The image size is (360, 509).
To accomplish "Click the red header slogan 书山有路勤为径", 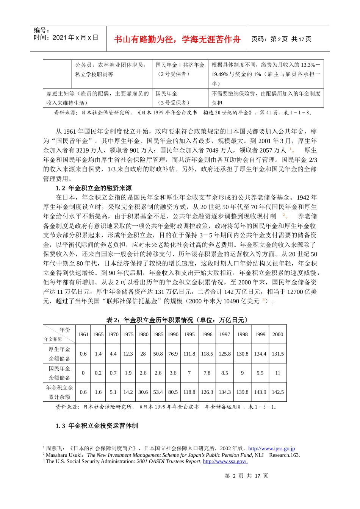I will click(177, 39).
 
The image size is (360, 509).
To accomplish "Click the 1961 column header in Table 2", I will click(83, 334).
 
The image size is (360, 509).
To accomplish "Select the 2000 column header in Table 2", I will click(277, 334).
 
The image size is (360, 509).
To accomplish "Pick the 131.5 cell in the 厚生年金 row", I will click(277, 354).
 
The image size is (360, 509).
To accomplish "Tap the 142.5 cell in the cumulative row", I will click(277, 392).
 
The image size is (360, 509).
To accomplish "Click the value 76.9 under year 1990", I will click(173, 354).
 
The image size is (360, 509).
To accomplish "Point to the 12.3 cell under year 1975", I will click(128, 354).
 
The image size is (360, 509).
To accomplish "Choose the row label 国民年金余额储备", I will click(59, 373).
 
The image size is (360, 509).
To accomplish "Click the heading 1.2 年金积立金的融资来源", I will click(94, 188).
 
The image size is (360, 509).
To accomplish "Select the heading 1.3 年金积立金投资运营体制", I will click(97, 426).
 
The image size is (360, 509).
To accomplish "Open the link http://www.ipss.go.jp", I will click(271, 448).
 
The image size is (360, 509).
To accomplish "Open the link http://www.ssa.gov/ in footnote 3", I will click(225, 461).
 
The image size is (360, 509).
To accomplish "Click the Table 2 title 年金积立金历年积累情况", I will click(177, 320).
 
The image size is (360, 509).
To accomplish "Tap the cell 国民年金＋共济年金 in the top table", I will click(180, 65).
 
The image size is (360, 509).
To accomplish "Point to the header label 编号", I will click(41, 30).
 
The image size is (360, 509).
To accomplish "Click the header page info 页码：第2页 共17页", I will click(281, 39).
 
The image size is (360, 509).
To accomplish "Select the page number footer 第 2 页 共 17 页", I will click(246, 476).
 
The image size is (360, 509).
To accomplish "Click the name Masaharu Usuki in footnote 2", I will click(65, 455).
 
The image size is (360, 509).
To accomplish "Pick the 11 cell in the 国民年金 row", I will click(277, 373).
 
